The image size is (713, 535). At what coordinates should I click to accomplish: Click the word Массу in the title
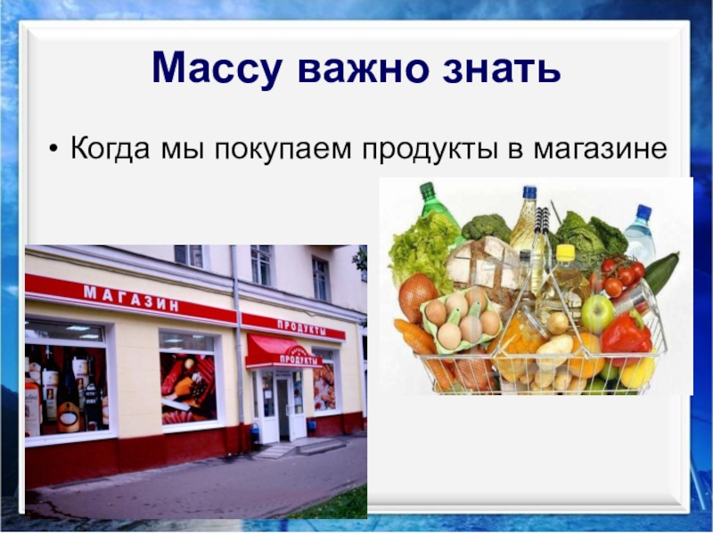point(215,68)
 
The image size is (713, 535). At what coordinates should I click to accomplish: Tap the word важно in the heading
point(360,68)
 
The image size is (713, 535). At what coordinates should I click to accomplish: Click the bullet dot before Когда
point(56,147)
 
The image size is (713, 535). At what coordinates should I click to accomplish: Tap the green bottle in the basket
point(438,209)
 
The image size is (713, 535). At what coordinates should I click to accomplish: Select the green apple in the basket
point(597,313)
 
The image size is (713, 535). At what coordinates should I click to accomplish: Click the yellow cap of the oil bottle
point(565,253)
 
